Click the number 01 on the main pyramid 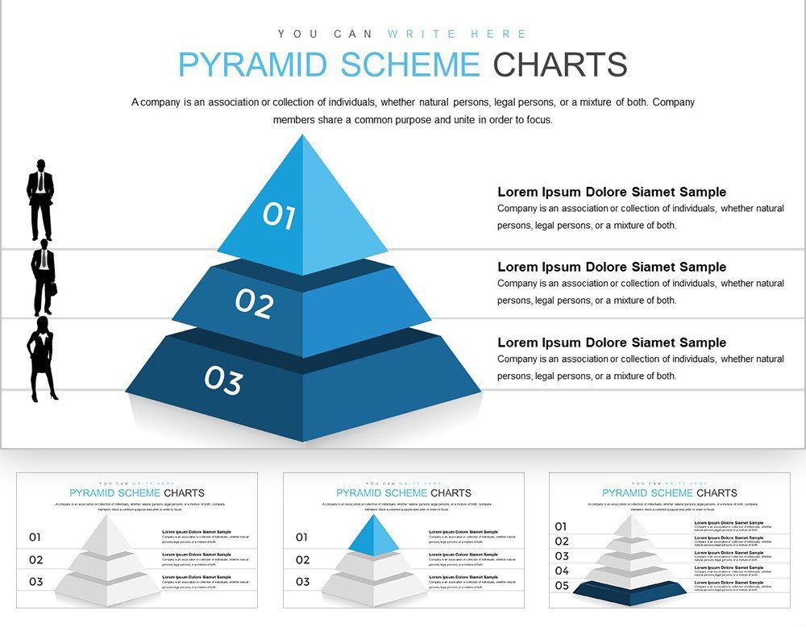[279, 215]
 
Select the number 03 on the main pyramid [223, 380]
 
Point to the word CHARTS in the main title [560, 64]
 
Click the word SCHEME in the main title [409, 64]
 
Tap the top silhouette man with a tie [40, 200]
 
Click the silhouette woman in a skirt [42, 358]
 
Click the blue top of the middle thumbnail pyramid [374, 535]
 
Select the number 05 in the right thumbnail [562, 586]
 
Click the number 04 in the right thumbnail [562, 571]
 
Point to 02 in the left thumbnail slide [35, 559]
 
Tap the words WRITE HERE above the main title [457, 34]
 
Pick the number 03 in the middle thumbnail [302, 581]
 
